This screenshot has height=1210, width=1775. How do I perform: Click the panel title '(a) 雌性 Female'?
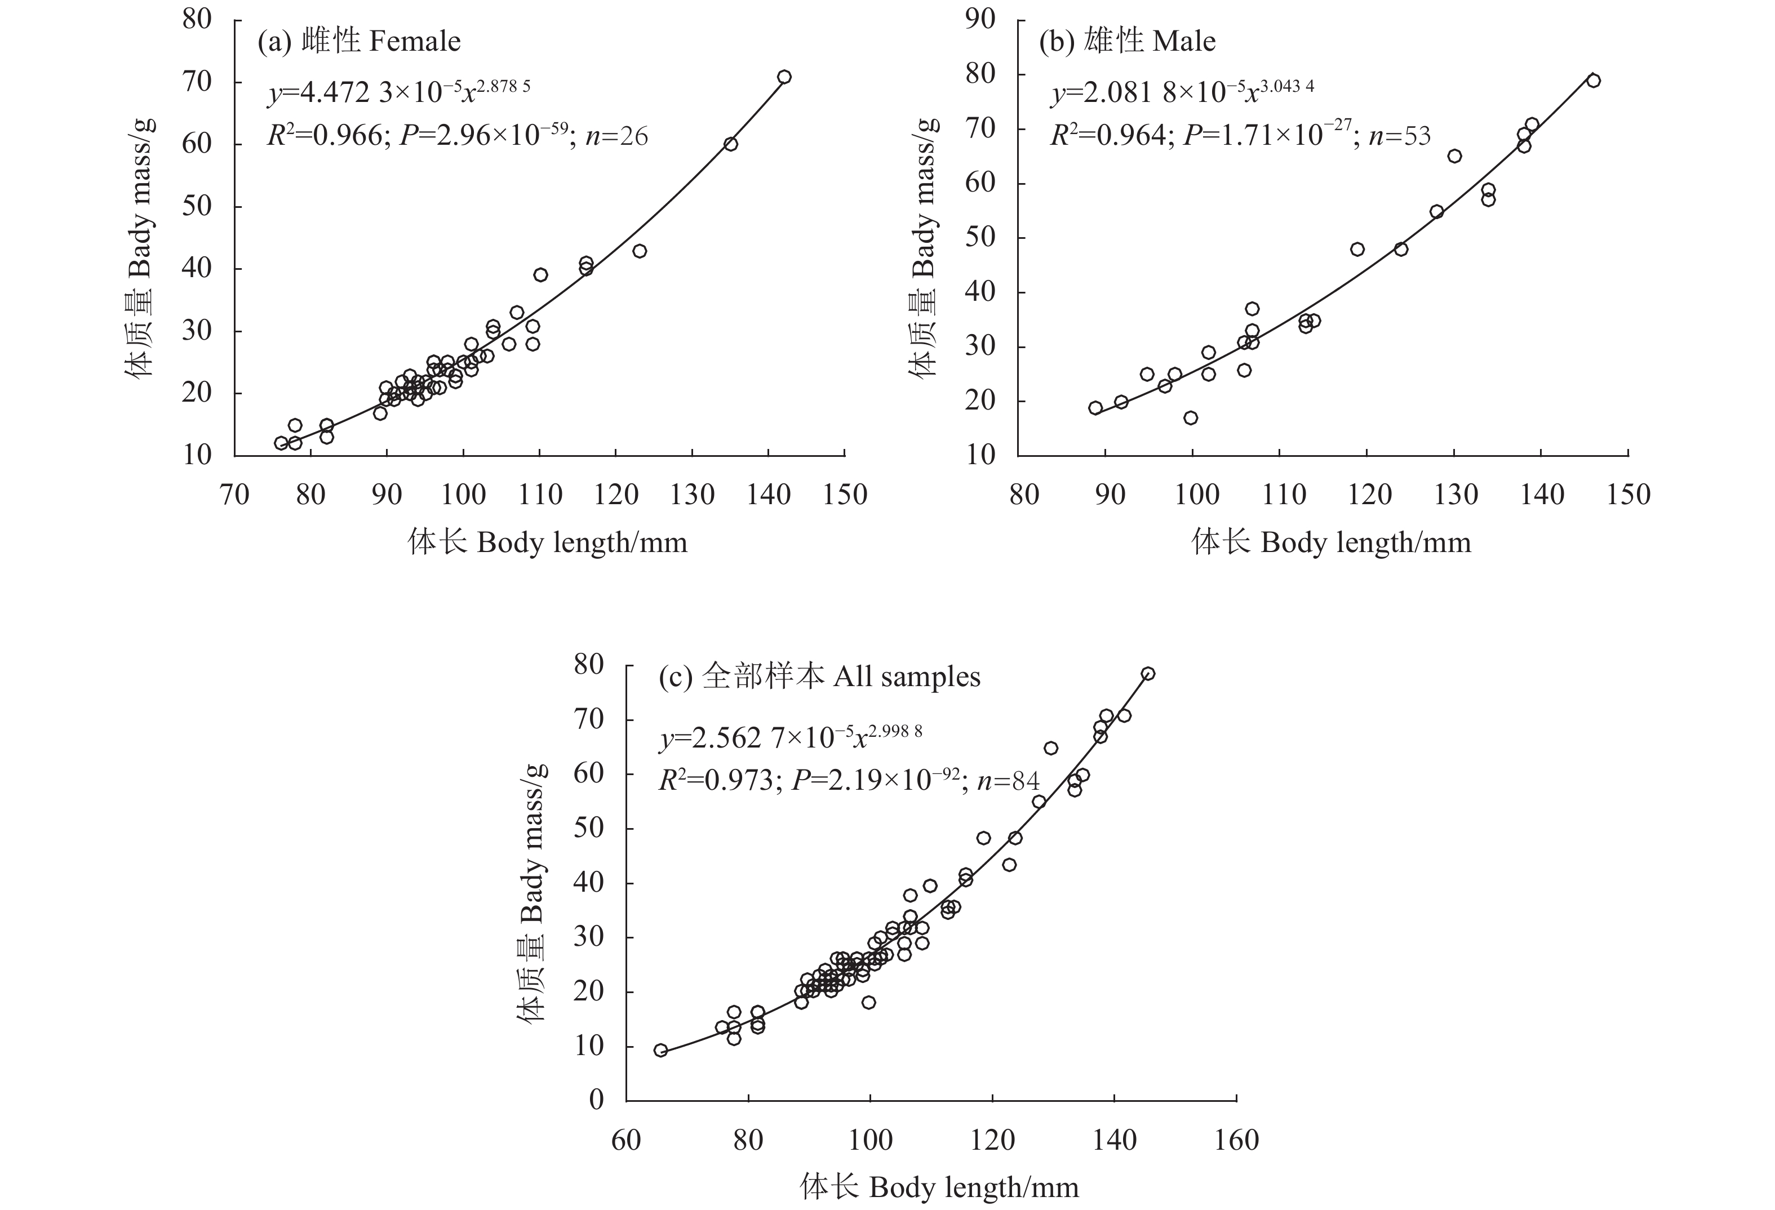[x=359, y=41]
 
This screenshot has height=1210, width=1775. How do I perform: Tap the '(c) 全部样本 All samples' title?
[x=819, y=677]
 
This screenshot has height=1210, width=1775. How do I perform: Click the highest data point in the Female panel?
[x=784, y=77]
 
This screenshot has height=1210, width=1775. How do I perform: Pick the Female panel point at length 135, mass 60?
[x=730, y=144]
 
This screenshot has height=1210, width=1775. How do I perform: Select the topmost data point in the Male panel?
[x=1592, y=81]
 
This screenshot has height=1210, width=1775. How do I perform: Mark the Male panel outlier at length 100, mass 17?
[x=1190, y=417]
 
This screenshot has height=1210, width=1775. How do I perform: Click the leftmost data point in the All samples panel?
[x=660, y=1051]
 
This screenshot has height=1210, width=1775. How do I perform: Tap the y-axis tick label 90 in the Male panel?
[x=980, y=19]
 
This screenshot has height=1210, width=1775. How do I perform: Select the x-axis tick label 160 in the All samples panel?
[x=1236, y=1141]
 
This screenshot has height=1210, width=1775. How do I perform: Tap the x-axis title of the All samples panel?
[x=939, y=1188]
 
